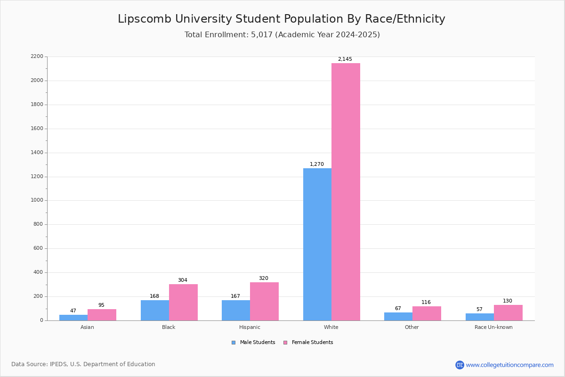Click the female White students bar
[346, 192]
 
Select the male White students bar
[317, 244]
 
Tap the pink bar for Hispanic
[264, 301]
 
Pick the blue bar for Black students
[154, 310]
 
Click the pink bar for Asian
[102, 315]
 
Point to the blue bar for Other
[398, 316]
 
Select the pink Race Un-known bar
[508, 312]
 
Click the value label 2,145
[345, 59]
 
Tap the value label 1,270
[316, 164]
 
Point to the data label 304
[182, 280]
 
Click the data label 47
[73, 311]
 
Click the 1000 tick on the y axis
[37, 200]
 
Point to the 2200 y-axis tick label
[37, 57]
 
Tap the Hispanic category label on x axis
[250, 327]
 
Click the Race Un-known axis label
[493, 327]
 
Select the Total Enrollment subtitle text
[282, 35]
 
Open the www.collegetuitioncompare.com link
[509, 365]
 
